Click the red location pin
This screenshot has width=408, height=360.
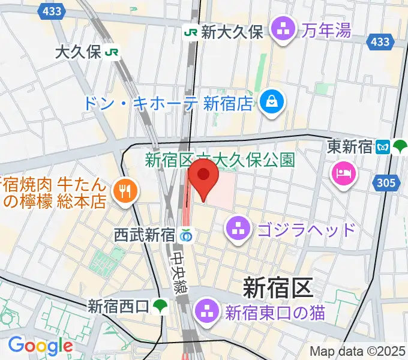[x=204, y=180]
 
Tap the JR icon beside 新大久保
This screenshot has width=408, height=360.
[x=191, y=32]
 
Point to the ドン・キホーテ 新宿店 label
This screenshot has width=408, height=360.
[x=167, y=103]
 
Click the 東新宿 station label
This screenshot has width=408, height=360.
[x=350, y=146]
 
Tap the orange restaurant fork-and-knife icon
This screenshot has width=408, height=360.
[x=125, y=191]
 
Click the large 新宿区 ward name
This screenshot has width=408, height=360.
[x=278, y=289]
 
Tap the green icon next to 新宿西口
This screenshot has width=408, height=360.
[x=160, y=307]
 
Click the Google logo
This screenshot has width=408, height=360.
[x=40, y=346]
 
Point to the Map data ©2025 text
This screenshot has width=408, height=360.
[x=358, y=351]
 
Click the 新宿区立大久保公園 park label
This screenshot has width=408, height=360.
[x=220, y=160]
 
